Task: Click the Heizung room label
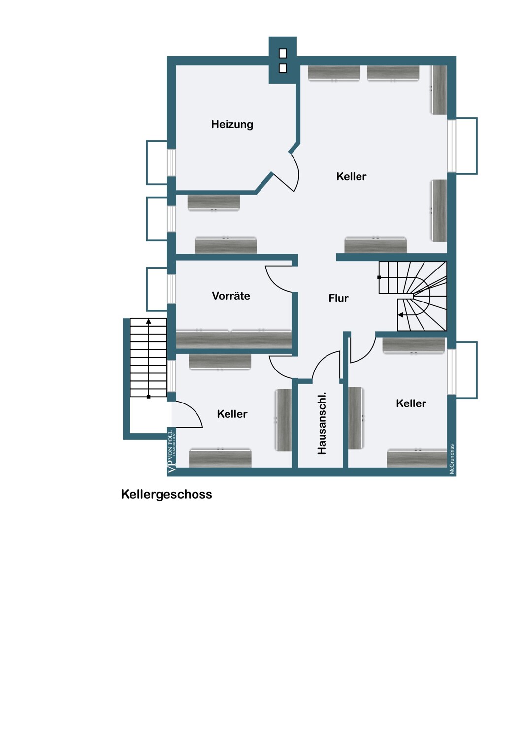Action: [x=232, y=124]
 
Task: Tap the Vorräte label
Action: [x=231, y=296]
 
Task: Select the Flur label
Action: [x=339, y=298]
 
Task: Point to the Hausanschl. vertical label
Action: [x=322, y=423]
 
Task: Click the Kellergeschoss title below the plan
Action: [x=166, y=494]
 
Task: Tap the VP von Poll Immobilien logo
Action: [x=172, y=452]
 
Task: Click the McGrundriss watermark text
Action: [x=452, y=459]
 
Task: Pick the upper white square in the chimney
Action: [x=283, y=53]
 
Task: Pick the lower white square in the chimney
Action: [x=283, y=68]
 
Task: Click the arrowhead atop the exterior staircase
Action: [x=149, y=321]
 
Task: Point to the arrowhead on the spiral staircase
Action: [x=401, y=315]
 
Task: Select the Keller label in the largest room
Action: [x=351, y=176]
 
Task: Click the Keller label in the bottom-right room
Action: [x=411, y=403]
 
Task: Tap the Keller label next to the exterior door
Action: [x=232, y=414]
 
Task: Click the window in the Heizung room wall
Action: [x=171, y=162]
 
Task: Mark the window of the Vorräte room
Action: [x=171, y=289]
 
